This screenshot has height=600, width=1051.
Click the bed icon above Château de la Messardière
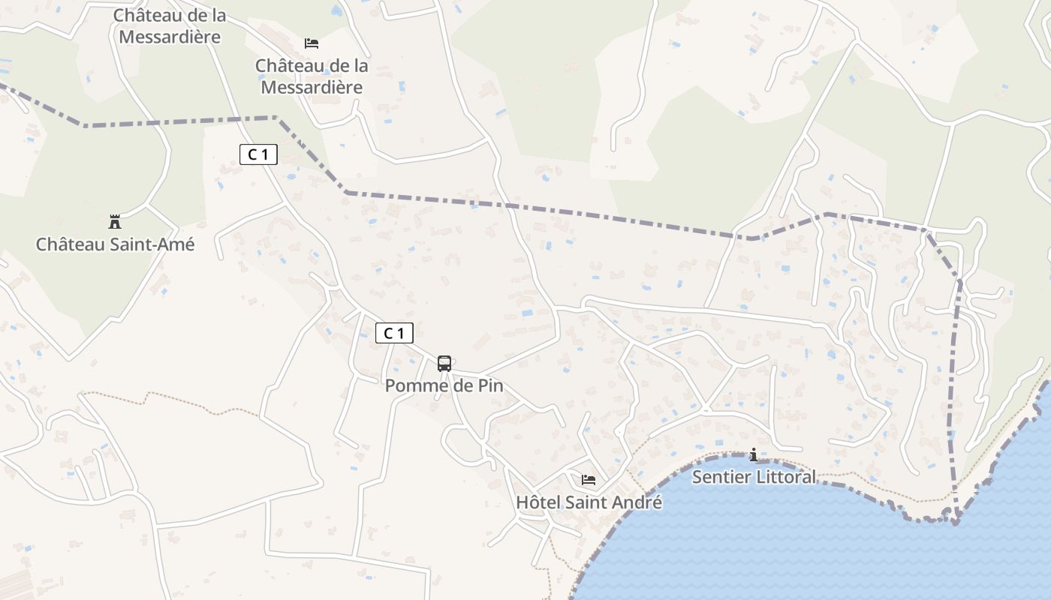(x=312, y=43)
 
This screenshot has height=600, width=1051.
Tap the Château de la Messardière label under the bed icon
(x=312, y=76)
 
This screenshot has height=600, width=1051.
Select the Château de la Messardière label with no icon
(x=170, y=25)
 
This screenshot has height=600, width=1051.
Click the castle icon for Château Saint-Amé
(x=115, y=222)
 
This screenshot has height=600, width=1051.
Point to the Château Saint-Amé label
(x=115, y=244)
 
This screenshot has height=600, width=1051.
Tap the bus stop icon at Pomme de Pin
(x=444, y=364)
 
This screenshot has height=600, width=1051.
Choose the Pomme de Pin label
(x=444, y=386)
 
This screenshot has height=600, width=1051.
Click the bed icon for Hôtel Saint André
(x=589, y=480)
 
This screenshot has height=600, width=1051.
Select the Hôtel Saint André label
(x=589, y=502)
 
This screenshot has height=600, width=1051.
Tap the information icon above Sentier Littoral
(x=754, y=455)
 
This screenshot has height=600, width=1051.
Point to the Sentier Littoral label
(x=754, y=477)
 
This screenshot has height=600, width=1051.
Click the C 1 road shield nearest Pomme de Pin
(x=394, y=333)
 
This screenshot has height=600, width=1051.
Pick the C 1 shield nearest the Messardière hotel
(x=258, y=154)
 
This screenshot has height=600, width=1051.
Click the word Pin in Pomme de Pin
(x=489, y=386)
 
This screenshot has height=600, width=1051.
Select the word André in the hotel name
(x=637, y=502)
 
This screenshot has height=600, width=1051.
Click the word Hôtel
(x=539, y=502)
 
